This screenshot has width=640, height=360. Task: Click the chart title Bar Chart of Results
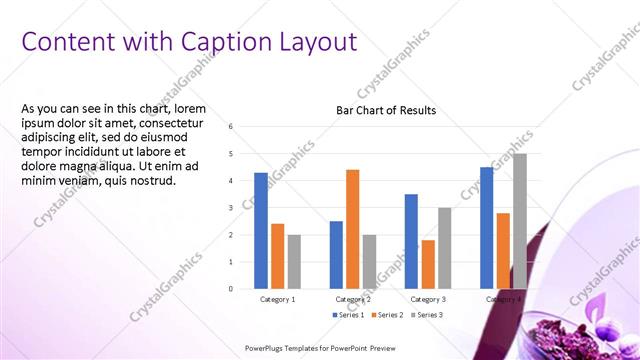pyautogui.click(x=385, y=110)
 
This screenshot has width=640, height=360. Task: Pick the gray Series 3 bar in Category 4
pyautogui.click(x=519, y=221)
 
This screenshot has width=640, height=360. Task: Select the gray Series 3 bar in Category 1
pyautogui.click(x=294, y=262)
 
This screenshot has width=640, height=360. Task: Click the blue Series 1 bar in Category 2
pyautogui.click(x=336, y=255)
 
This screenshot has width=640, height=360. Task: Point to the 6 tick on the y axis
pyautogui.click(x=230, y=127)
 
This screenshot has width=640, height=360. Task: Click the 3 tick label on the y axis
pyautogui.click(x=230, y=208)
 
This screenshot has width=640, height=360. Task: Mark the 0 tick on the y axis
pyautogui.click(x=230, y=289)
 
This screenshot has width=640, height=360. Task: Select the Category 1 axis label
pyautogui.click(x=277, y=299)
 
